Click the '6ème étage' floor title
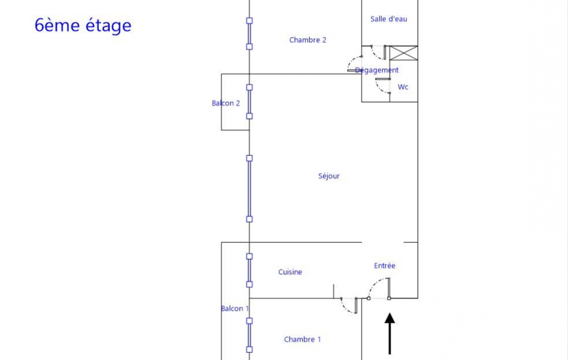[x=83, y=25]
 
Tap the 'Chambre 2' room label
[x=308, y=40]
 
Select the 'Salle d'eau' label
[x=388, y=19]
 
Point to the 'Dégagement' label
[x=377, y=70]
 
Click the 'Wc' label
[x=403, y=87]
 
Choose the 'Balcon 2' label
[x=226, y=103]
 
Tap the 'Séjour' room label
[x=329, y=176]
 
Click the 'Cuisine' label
[x=290, y=272]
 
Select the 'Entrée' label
[x=385, y=265]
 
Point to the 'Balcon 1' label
[x=235, y=308]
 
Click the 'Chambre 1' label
[x=302, y=340]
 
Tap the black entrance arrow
[x=390, y=333]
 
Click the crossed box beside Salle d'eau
[x=403, y=53]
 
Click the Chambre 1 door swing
[x=346, y=309]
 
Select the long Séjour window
[x=249, y=189]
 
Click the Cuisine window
[x=249, y=270]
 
